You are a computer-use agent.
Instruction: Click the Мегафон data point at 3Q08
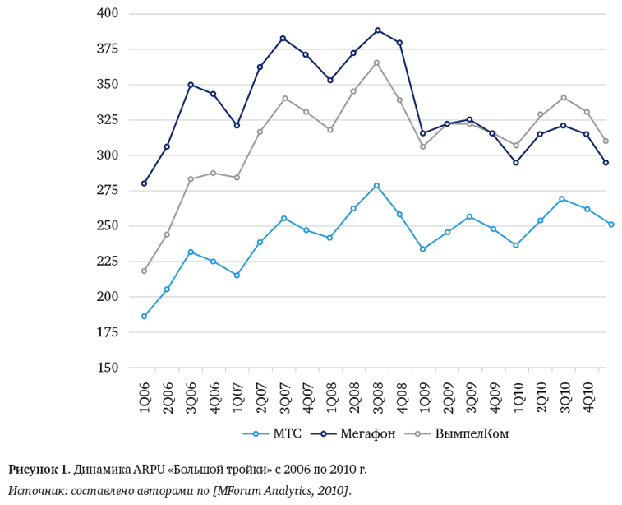pyautogui.click(x=377, y=30)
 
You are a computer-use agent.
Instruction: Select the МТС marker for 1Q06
pyautogui.click(x=144, y=316)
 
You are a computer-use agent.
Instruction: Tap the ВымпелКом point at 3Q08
pyautogui.click(x=377, y=63)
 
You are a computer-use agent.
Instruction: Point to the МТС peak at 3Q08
pyautogui.click(x=377, y=186)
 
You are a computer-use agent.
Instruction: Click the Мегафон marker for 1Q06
pyautogui.click(x=144, y=183)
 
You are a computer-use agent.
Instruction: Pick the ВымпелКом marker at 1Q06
pyautogui.click(x=144, y=271)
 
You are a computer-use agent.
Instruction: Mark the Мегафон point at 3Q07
pyautogui.click(x=283, y=39)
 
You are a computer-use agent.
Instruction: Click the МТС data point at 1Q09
pyautogui.click(x=423, y=248)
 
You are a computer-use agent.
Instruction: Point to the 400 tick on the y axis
pyautogui.click(x=108, y=14)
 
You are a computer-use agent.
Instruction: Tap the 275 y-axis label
pyautogui.click(x=108, y=191)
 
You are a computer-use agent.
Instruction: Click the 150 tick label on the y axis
pyautogui.click(x=108, y=368)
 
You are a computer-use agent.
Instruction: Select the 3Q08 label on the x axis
pyautogui.click(x=377, y=396)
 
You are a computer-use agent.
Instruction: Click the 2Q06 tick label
pyautogui.click(x=168, y=396)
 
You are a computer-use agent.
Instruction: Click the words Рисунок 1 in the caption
pyautogui.click(x=38, y=470)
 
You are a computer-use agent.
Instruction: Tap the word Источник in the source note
pyautogui.click(x=37, y=491)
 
